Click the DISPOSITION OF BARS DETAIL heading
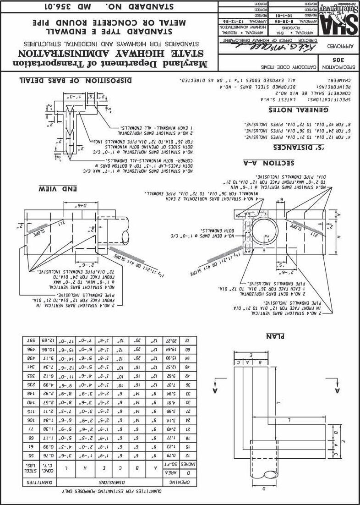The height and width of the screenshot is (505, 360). (76, 81)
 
